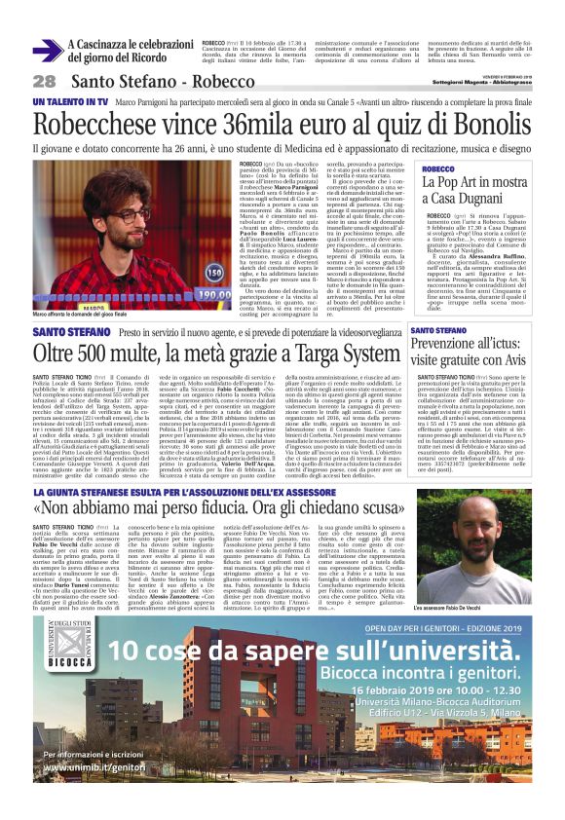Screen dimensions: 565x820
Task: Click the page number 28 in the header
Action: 44,81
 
